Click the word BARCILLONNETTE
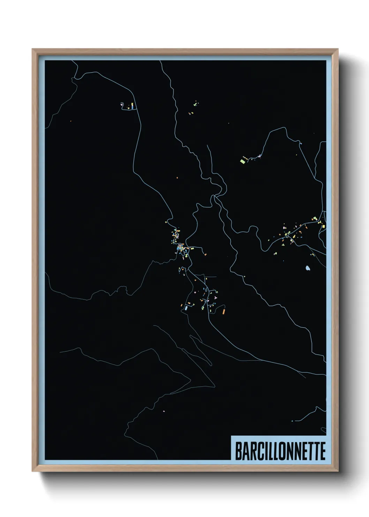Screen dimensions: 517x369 (280, 451)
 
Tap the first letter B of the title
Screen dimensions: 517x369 (238, 451)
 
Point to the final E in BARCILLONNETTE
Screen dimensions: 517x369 (322, 451)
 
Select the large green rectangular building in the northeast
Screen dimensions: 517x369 (243, 161)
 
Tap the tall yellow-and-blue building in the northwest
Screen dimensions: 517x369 (132, 106)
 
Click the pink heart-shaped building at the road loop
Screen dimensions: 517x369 (122, 103)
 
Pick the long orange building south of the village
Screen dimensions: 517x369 (224, 310)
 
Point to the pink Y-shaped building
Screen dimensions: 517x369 (216, 297)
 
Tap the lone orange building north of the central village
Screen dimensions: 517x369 (177, 178)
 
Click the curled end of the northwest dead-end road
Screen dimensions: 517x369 (121, 104)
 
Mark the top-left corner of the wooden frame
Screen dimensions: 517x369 (32, 49)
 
